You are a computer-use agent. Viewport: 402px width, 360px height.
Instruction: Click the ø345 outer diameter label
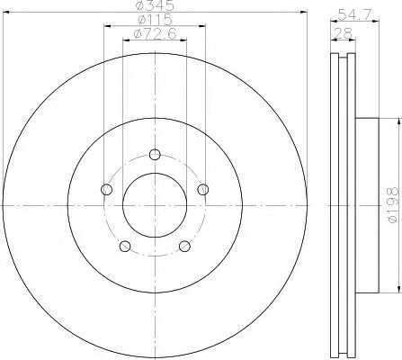(155, 5)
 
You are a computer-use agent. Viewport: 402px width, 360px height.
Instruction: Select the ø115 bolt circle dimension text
(155, 20)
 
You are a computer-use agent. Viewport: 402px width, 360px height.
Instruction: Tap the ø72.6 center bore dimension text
(155, 34)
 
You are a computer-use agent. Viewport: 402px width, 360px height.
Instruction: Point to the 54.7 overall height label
(354, 14)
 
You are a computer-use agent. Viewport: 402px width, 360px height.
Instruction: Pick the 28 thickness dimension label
(343, 33)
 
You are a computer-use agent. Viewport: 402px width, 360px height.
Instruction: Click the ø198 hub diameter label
(392, 205)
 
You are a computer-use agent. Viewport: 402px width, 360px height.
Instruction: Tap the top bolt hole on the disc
(155, 155)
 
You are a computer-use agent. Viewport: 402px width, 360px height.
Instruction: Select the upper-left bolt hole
(107, 189)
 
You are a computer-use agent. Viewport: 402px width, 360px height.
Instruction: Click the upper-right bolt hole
(203, 189)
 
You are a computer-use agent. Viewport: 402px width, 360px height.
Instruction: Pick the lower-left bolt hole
(125, 246)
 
